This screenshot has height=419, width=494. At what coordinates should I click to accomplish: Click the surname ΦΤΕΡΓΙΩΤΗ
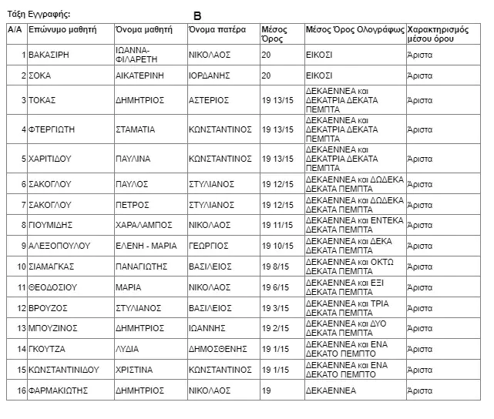pyautogui.click(x=52, y=129)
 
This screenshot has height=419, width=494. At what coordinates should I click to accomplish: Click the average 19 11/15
pyautogui.click(x=278, y=225)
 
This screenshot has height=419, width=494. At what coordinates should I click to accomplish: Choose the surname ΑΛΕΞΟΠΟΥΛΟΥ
pyautogui.click(x=59, y=246)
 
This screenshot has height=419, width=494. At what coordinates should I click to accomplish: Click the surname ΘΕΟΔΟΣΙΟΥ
pyautogui.click(x=53, y=287)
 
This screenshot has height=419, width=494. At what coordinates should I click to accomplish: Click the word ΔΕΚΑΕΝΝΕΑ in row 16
pyautogui.click(x=331, y=391)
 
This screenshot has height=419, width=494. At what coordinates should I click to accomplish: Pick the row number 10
pyautogui.click(x=21, y=266)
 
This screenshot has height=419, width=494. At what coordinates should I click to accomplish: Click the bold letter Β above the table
pyautogui.click(x=197, y=15)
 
